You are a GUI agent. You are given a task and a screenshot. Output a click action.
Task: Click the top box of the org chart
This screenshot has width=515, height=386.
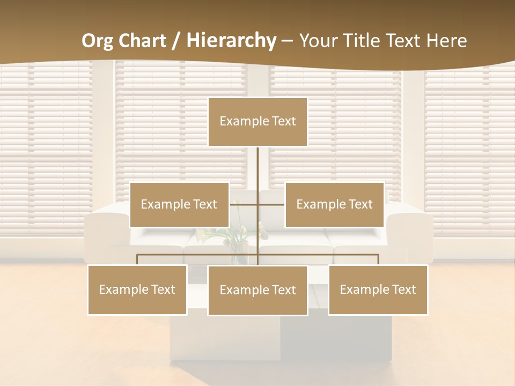pos(257,122)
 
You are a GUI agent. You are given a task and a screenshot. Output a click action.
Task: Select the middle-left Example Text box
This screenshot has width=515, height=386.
pos(179,204)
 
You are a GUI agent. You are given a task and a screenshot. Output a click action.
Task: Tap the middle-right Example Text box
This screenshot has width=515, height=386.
pos(334,204)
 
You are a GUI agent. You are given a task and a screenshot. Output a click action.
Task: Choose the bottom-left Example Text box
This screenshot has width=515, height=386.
pos(137,289)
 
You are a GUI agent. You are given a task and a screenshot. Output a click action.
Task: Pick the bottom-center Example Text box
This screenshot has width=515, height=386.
pos(257,290)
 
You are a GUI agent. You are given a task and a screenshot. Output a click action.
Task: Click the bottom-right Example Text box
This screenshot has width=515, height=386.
pos(378,289)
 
